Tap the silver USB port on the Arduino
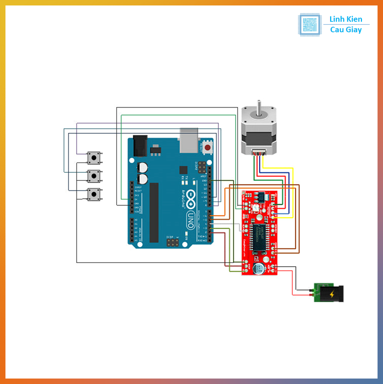tap(189, 140)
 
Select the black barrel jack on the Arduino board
tap(140, 146)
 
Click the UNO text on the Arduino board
tap(191, 220)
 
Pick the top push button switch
tap(94, 158)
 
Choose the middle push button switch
tap(94, 176)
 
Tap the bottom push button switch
tap(94, 194)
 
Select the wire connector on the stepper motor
tap(259, 153)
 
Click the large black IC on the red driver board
tap(259, 237)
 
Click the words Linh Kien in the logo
tap(346, 19)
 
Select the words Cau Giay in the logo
tap(346, 30)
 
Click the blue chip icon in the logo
tap(310, 25)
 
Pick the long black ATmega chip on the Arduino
tap(154, 213)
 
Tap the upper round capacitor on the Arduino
tap(142, 167)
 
